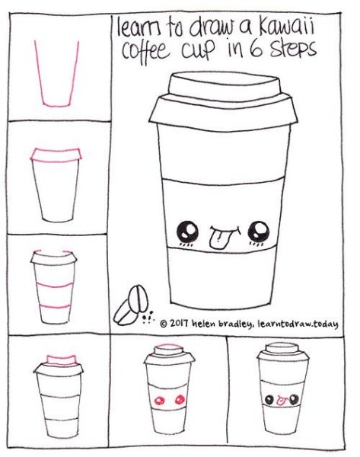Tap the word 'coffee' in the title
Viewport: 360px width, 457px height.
coord(145,52)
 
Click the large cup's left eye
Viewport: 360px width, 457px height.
coord(188,232)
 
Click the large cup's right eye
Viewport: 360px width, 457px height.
coord(259,232)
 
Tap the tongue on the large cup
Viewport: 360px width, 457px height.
coord(217,240)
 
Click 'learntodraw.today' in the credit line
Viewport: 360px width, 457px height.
coord(298,324)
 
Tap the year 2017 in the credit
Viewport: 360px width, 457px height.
coord(179,323)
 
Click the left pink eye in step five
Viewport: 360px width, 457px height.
coord(159,400)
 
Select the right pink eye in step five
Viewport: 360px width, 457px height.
coord(180,399)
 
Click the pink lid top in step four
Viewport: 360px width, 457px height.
coord(62,360)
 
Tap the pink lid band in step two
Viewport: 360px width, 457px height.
coord(56,155)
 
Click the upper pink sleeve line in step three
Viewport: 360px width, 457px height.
coord(55,285)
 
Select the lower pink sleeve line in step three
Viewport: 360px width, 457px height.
coord(55,307)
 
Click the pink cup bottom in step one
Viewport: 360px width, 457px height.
coord(56,104)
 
